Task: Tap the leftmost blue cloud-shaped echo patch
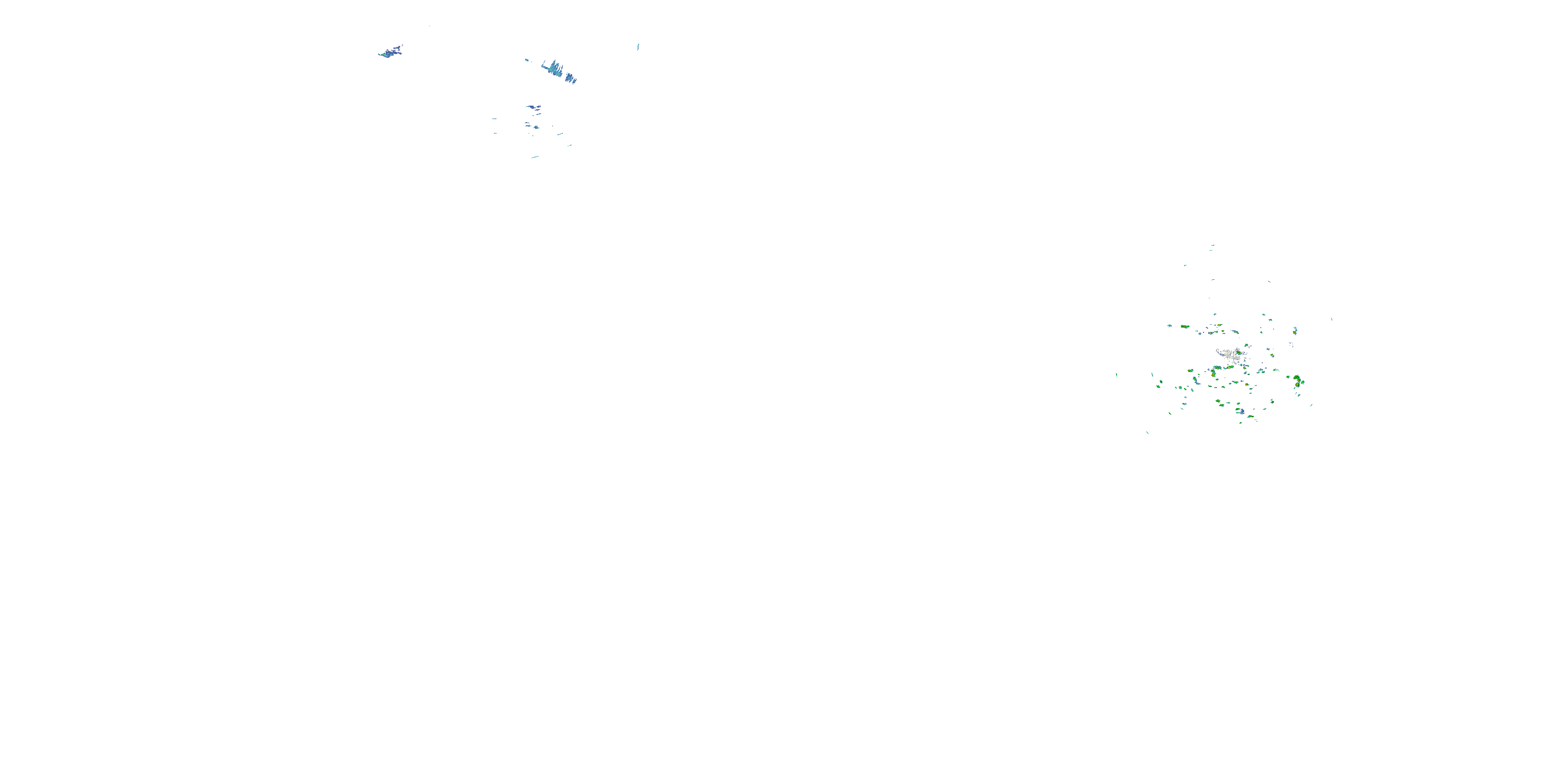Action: (390, 52)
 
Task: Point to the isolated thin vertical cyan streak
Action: (638, 46)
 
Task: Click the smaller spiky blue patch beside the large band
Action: (572, 78)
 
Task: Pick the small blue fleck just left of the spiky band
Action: (527, 59)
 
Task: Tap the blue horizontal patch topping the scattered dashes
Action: (533, 107)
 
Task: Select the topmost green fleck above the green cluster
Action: (1212, 245)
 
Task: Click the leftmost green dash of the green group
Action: (1116, 375)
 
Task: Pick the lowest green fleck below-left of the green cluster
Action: (1147, 432)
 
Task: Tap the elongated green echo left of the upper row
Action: (1184, 327)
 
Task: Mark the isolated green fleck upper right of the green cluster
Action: (1269, 281)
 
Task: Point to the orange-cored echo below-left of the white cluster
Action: (1213, 373)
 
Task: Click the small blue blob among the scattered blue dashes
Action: (532, 126)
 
